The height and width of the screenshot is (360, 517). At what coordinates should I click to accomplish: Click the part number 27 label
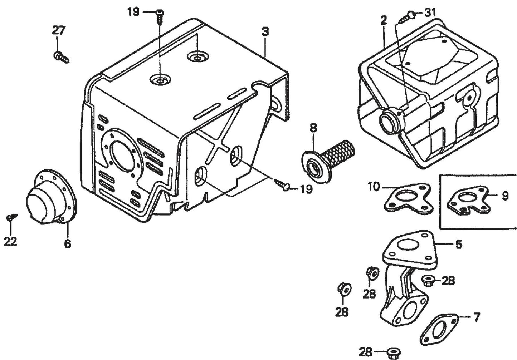click(x=59, y=31)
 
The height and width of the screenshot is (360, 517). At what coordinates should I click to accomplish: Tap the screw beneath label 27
click(x=61, y=57)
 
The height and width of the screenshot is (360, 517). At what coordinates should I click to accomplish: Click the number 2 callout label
click(x=384, y=20)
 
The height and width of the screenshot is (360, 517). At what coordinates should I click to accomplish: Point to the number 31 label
click(x=430, y=13)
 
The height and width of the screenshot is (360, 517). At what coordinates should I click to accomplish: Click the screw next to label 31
click(x=409, y=16)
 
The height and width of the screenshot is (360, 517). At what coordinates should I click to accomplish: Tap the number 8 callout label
click(x=313, y=128)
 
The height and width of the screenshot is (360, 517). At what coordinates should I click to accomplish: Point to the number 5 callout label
click(x=458, y=244)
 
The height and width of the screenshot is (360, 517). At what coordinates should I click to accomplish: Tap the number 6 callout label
click(x=68, y=244)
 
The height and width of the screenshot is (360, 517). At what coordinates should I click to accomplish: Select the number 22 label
click(x=10, y=242)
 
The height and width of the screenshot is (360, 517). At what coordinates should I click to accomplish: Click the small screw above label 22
click(x=12, y=217)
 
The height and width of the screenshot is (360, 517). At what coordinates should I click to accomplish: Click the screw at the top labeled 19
click(x=160, y=16)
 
